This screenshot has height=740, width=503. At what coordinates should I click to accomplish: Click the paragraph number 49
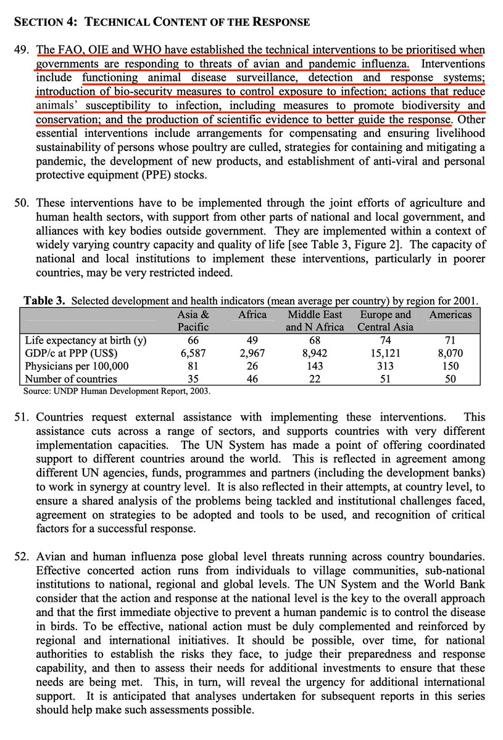coord(22,49)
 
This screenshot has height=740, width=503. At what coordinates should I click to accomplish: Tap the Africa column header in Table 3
coord(252,314)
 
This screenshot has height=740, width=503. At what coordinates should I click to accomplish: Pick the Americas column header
coord(451,314)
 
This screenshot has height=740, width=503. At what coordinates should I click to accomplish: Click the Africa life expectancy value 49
coord(252,340)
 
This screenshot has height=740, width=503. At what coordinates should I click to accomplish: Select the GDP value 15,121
coord(385,353)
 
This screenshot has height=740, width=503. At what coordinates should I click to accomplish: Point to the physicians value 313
coord(385,366)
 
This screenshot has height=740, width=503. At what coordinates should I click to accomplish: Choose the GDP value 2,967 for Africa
coord(252,353)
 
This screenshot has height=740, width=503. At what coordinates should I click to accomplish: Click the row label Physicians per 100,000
coord(77,366)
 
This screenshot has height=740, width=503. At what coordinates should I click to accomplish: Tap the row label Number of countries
coord(71,379)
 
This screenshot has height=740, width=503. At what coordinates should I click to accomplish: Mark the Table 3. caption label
coord(44,301)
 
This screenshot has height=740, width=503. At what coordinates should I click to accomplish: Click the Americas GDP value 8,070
coord(451,353)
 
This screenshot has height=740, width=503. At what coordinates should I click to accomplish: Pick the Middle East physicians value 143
coord(314,366)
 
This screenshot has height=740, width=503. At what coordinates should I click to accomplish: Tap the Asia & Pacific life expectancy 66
coord(193,340)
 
